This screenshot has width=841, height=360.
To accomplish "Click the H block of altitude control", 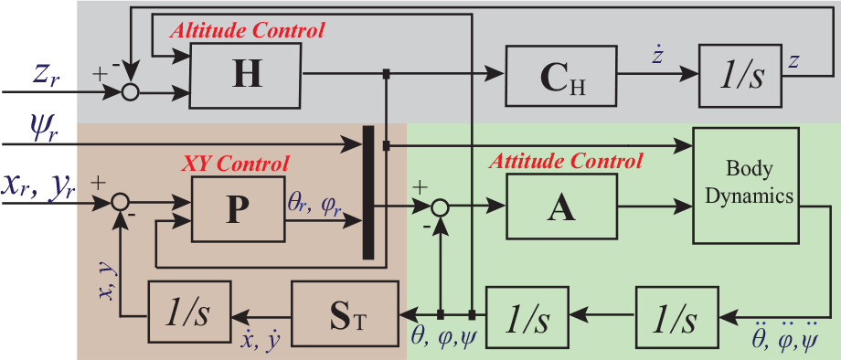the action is pos(246,75).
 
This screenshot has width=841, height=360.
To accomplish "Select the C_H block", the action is pos(561,75).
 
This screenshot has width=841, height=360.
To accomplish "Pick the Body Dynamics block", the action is pos(746,185).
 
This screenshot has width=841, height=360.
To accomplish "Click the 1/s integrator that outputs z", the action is pos(740,75).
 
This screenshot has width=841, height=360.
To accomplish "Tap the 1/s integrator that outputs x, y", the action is pos(189,313).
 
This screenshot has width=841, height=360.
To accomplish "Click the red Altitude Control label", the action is pos(247,30).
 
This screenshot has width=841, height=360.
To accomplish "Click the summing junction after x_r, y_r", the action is pos(119,204).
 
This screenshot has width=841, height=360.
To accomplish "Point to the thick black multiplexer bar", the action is pos(368,192).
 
